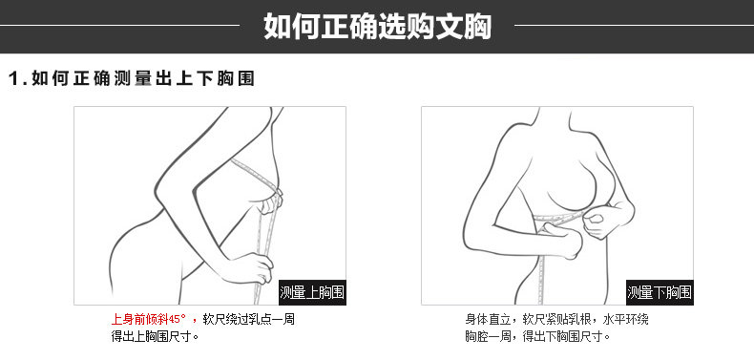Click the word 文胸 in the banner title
463,26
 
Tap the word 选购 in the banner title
406,26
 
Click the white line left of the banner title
119,25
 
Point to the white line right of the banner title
635,25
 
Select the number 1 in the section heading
14,79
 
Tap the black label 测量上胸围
312,292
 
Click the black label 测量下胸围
660,292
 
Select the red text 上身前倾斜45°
149,319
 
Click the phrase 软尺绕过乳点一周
248,319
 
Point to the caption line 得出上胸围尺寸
155,336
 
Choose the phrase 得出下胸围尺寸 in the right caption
566,336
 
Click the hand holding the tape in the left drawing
253,268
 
